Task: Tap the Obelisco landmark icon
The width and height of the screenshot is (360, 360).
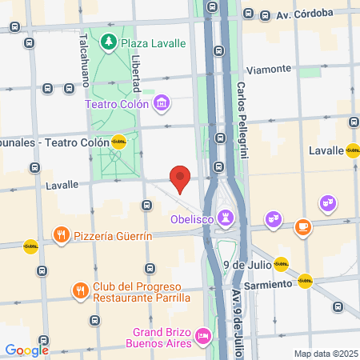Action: pyautogui.click(x=227, y=216)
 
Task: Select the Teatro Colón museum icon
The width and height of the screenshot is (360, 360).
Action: pyautogui.click(x=162, y=102)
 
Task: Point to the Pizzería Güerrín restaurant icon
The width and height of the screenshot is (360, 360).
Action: pyautogui.click(x=61, y=235)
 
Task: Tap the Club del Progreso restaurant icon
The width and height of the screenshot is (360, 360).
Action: pyautogui.click(x=79, y=289)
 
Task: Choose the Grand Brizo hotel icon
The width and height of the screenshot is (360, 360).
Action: pyautogui.click(x=203, y=336)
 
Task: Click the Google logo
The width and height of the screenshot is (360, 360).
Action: pyautogui.click(x=27, y=350)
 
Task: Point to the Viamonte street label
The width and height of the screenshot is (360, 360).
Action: pyautogui.click(x=270, y=69)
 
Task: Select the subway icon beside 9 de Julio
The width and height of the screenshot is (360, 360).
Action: pyautogui.click(x=281, y=263)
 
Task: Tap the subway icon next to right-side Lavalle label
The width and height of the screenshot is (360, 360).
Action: pyautogui.click(x=353, y=150)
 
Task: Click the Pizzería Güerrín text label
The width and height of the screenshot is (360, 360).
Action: pyautogui.click(x=112, y=236)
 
